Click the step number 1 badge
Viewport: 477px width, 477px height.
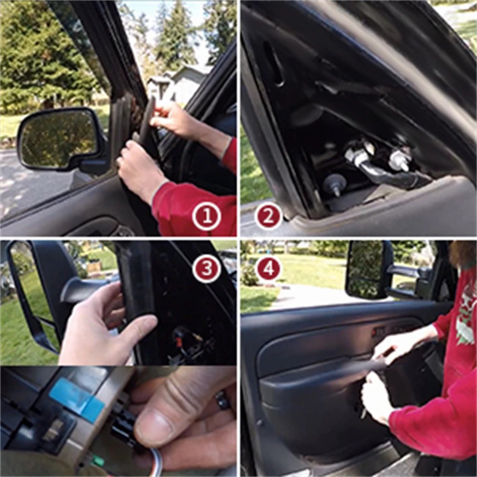click(206, 217)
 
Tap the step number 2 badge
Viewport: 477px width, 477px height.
click(269, 217)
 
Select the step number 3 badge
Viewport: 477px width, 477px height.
click(206, 268)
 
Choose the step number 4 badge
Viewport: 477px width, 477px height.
click(269, 268)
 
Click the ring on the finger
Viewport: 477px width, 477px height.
click(223, 399)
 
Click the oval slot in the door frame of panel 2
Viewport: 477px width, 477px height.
click(273, 63)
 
